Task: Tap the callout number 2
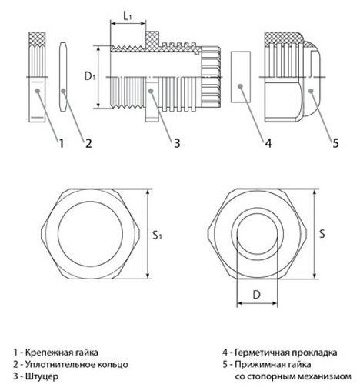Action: (88, 142)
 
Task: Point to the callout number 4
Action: (268, 142)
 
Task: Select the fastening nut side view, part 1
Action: (37, 77)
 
